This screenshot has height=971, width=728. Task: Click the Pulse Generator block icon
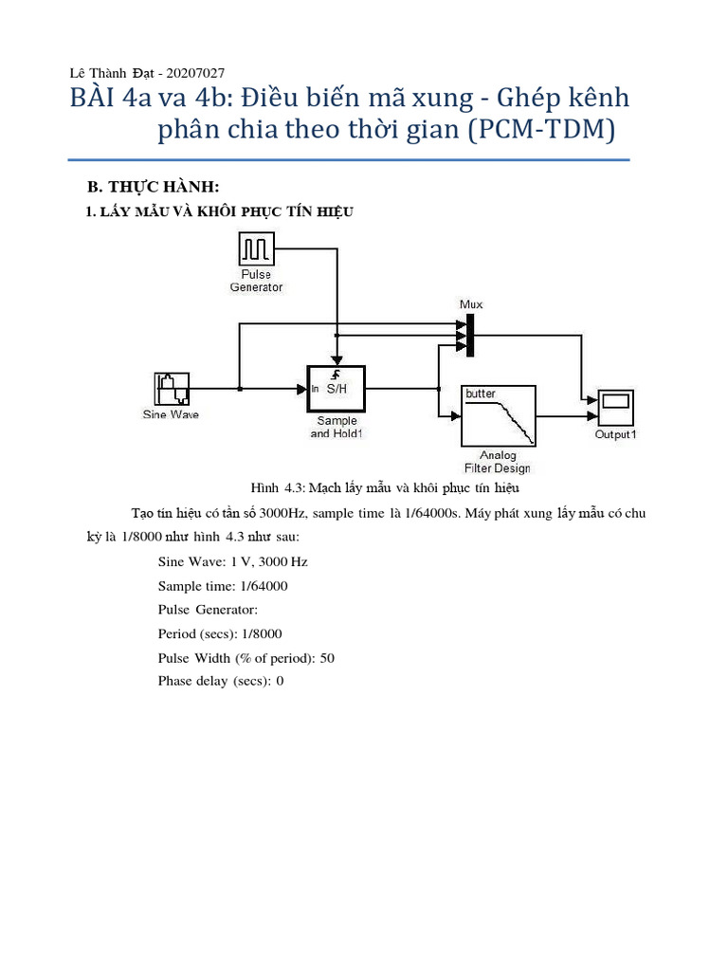point(256,249)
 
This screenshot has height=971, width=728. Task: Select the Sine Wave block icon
point(173,389)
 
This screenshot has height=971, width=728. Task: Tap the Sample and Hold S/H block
point(336,388)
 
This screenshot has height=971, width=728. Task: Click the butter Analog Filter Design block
point(499,415)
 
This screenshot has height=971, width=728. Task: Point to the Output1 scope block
point(615,409)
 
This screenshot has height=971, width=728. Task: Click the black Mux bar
point(470,336)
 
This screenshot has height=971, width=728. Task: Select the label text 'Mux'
point(471,304)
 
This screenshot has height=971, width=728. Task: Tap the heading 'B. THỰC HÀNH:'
point(153,187)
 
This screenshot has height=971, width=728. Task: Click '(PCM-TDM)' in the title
point(539,130)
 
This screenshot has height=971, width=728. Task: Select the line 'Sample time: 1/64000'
point(223,586)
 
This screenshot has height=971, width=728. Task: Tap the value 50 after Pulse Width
point(327,658)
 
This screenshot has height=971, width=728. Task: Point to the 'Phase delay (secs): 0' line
point(221,682)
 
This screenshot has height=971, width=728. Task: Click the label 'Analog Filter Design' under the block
point(498,462)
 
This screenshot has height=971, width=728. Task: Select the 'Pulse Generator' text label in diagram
point(256,281)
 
